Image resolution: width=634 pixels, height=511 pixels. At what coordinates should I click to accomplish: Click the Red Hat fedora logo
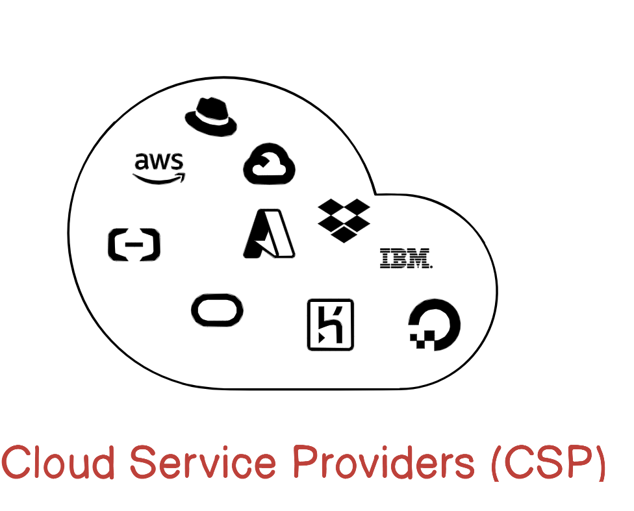pos(210,117)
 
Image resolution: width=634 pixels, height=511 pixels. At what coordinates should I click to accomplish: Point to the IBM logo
pos(406,258)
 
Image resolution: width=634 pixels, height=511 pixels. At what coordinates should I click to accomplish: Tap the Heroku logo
pos(330,325)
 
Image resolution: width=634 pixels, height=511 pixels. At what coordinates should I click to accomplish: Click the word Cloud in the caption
pos(59,462)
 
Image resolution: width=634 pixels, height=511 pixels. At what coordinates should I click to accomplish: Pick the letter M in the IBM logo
pos(420,258)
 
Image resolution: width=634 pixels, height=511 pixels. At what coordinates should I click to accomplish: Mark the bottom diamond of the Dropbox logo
pos(344,234)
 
